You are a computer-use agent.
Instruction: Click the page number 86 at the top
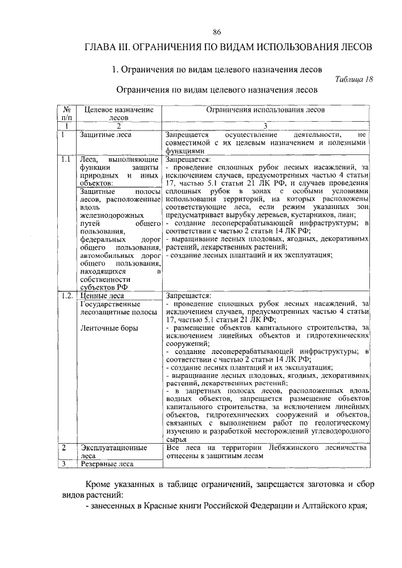tap(216, 32)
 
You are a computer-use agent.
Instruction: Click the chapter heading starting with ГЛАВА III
tap(229, 47)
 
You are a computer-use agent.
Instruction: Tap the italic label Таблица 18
tap(354, 79)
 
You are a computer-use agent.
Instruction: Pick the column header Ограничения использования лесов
tap(266, 109)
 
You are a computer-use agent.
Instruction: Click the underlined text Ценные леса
tap(102, 295)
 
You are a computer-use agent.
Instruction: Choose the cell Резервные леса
tap(106, 464)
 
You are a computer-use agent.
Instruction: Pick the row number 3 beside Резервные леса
tap(64, 464)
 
